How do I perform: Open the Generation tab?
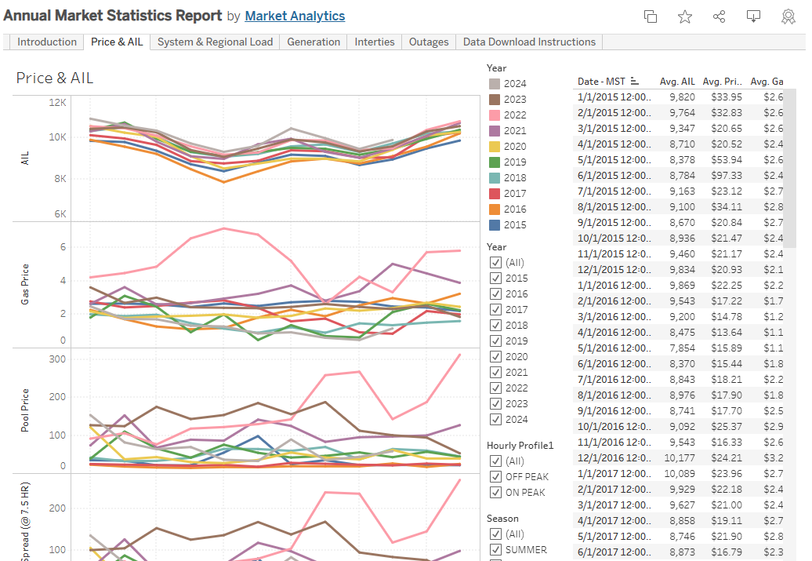(x=314, y=42)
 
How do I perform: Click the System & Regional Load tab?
(x=215, y=42)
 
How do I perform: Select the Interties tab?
(x=375, y=42)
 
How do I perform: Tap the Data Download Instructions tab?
(x=529, y=42)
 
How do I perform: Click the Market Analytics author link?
(x=295, y=16)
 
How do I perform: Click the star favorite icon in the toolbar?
(x=685, y=16)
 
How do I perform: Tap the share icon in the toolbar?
(x=720, y=16)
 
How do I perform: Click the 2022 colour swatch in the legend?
(x=495, y=115)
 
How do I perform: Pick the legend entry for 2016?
(x=515, y=209)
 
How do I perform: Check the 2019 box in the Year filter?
(x=495, y=341)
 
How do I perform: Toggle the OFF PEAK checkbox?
(x=495, y=477)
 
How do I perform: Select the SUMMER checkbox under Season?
(x=495, y=550)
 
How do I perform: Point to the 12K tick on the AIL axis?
(x=57, y=102)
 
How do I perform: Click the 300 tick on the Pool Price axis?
(x=57, y=359)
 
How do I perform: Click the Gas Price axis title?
(x=24, y=284)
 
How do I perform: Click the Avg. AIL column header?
(x=677, y=81)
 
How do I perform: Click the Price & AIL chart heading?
(x=55, y=78)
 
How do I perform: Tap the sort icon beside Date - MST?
(x=635, y=82)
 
